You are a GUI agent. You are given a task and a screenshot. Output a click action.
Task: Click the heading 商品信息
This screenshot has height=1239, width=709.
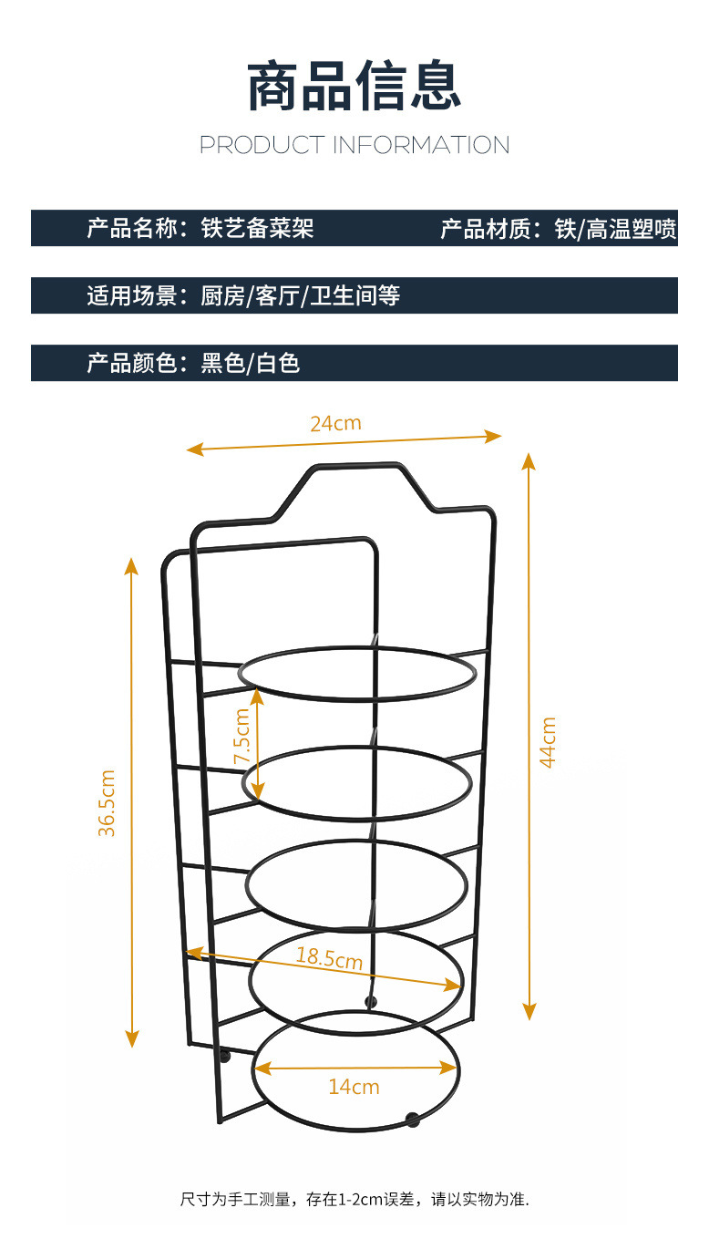tap(354, 88)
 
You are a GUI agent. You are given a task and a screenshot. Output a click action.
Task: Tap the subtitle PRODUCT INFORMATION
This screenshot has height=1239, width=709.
tap(354, 145)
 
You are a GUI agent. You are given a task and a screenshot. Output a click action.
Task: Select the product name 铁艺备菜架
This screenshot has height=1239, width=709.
tap(257, 228)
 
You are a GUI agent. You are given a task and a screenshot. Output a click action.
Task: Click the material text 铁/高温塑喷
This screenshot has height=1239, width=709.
tap(615, 228)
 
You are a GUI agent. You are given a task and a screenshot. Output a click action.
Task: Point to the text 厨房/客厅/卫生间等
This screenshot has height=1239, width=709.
tap(301, 295)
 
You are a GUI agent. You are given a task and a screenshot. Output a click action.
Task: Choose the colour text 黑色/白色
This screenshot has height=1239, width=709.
tap(251, 363)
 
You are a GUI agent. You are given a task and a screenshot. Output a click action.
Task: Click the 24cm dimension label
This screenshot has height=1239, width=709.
tap(335, 423)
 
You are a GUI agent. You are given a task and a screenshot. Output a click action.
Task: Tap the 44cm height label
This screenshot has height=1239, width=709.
tap(548, 742)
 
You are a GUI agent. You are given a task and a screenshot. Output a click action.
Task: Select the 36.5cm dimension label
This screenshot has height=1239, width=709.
tap(108, 803)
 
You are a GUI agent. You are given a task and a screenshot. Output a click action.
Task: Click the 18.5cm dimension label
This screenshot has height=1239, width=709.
tap(329, 958)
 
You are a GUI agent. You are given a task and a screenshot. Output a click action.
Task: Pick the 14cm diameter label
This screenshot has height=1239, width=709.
tap(354, 1087)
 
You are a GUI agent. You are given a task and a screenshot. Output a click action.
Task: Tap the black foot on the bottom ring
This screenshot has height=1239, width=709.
tap(412, 1119)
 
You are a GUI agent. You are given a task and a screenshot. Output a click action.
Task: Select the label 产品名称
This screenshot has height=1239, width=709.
tap(132, 228)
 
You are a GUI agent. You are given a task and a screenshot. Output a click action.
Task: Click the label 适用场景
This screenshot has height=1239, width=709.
tap(132, 295)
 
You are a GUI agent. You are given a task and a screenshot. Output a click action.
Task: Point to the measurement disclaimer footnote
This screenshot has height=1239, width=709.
tap(354, 1200)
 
